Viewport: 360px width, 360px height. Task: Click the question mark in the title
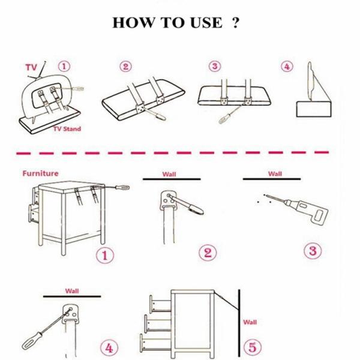236,23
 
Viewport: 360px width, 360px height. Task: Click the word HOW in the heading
133,23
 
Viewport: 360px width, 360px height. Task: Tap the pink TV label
31,67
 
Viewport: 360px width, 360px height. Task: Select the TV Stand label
67,129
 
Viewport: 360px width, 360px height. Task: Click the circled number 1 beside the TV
64,67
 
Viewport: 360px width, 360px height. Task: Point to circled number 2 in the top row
125,67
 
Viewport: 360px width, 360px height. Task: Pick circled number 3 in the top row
215,66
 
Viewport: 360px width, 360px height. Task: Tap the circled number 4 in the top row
287,67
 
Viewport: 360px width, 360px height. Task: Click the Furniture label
40,173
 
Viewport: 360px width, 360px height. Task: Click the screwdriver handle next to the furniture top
122,188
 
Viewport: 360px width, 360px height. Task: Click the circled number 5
253,346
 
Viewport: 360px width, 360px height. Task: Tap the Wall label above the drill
275,174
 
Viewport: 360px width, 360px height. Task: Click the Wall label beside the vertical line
250,322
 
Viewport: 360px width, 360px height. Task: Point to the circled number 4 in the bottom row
109,348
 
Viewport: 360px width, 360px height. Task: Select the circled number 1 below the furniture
105,255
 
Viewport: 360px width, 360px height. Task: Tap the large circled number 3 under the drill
313,250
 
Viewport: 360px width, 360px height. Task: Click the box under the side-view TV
314,109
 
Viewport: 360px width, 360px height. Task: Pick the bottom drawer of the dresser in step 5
155,343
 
